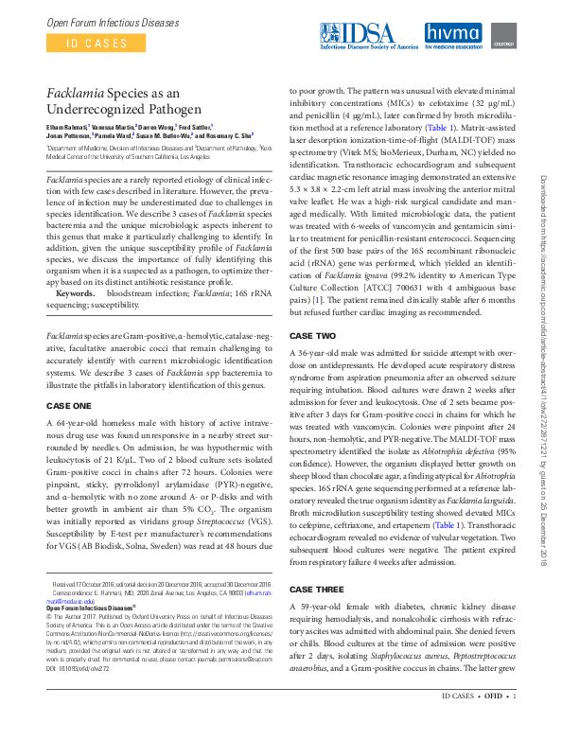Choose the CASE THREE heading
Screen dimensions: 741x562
[x=317, y=590]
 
